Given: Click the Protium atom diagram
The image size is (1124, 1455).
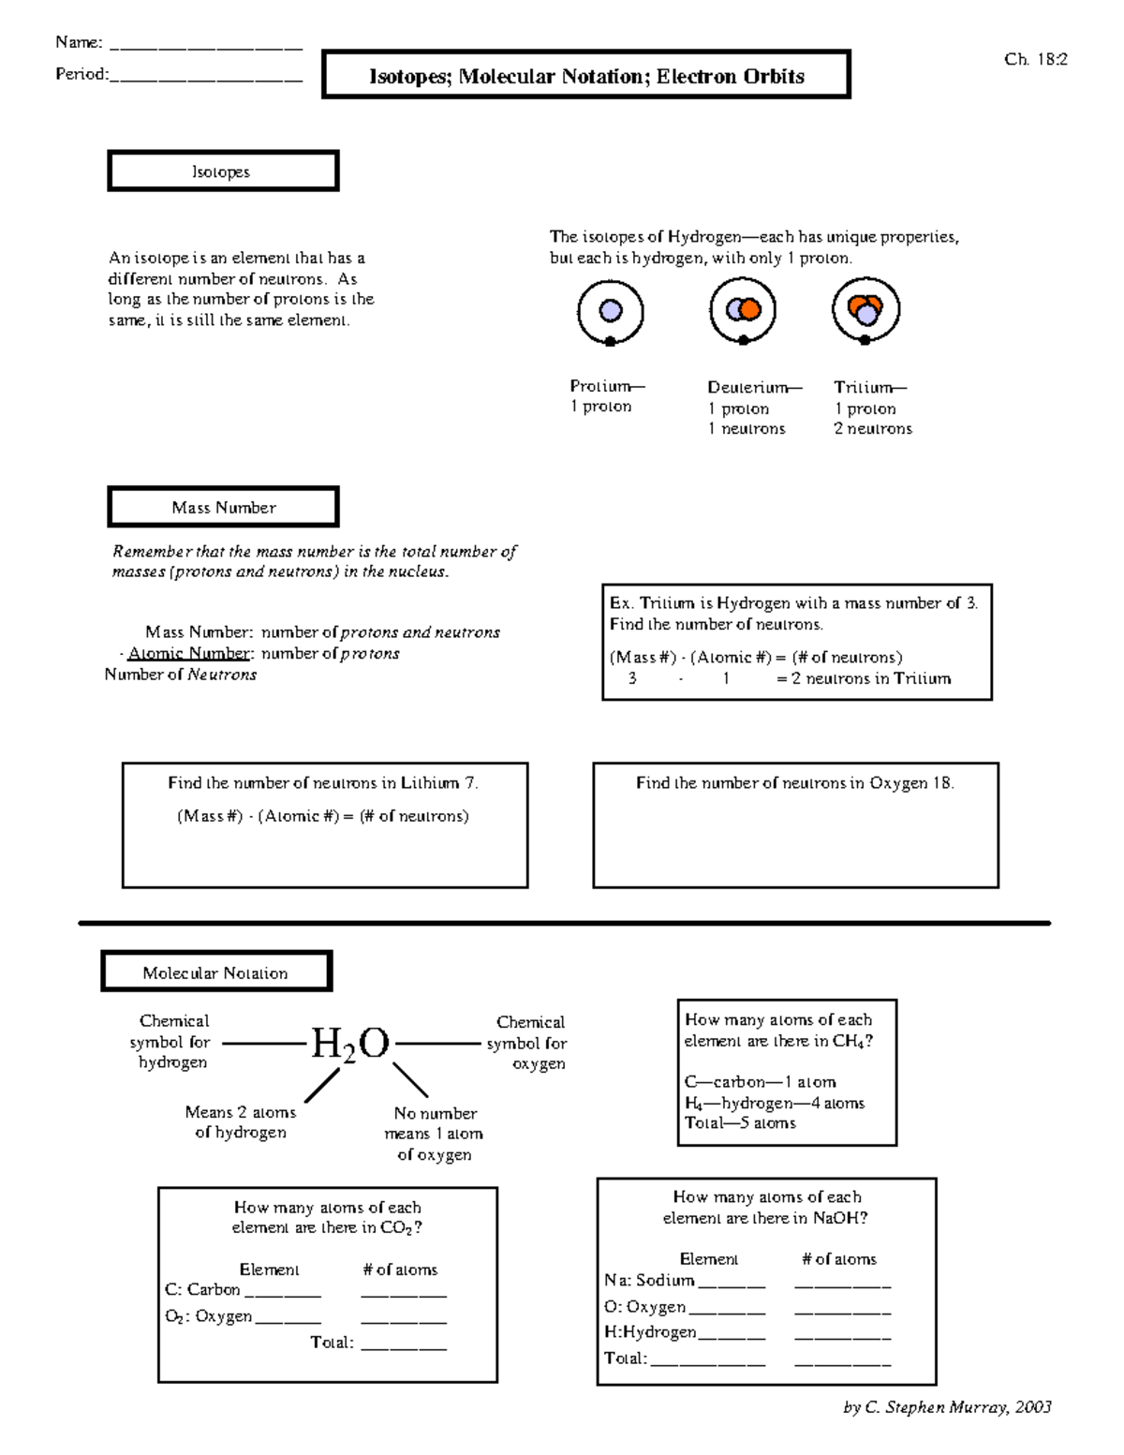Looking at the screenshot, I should pyautogui.click(x=610, y=312).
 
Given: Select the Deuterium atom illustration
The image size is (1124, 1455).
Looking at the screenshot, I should pyautogui.click(x=743, y=310).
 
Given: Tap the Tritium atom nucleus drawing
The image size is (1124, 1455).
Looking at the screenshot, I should pyautogui.click(x=865, y=309).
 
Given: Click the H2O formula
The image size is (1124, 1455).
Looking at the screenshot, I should pyautogui.click(x=349, y=1043).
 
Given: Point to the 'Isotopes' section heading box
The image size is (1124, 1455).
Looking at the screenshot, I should pyautogui.click(x=223, y=171).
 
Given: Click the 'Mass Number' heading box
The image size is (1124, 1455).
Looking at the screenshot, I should pyautogui.click(x=223, y=507).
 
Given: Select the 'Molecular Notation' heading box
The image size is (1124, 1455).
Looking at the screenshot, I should pyautogui.click(x=216, y=972).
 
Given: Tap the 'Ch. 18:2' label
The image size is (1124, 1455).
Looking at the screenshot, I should pyautogui.click(x=1035, y=59).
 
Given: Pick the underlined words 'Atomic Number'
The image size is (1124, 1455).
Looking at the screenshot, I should pyautogui.click(x=189, y=653).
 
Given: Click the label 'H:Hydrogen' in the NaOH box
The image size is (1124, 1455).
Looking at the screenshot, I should pyautogui.click(x=650, y=1331).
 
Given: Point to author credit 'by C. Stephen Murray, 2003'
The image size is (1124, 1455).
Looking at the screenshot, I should pyautogui.click(x=947, y=1406).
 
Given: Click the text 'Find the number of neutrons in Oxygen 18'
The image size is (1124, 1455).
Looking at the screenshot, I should pyautogui.click(x=794, y=783).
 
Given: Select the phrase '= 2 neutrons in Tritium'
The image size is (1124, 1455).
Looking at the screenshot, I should pyautogui.click(x=863, y=678).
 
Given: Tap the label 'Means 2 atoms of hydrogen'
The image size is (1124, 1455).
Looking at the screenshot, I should pyautogui.click(x=241, y=1121).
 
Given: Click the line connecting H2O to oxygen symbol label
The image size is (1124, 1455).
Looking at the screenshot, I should pyautogui.click(x=436, y=1043).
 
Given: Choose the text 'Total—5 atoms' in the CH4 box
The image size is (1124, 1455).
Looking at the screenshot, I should pyautogui.click(x=740, y=1122).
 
